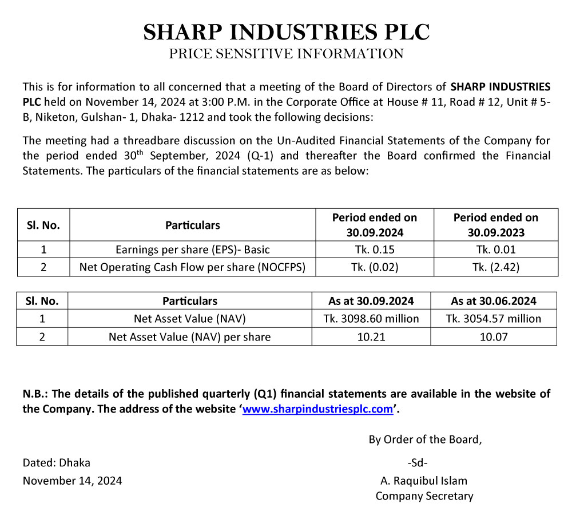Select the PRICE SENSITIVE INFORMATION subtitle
pos(286,54)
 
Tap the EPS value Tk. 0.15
pos(375,249)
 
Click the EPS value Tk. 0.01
pos(496,249)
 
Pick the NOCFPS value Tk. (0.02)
pos(375,267)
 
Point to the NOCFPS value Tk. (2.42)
pos(496,267)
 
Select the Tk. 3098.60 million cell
pos(371,318)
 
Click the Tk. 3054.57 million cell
pos(493,318)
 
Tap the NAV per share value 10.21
pos(371,336)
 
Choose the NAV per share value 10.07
pos(493,336)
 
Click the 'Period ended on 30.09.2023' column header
pos(496,225)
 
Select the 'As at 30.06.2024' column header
pos(493,301)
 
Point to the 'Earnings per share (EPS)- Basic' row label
pos(193,249)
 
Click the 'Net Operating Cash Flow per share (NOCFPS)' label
pos(193,267)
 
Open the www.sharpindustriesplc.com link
pos(318,409)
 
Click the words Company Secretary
pos(424,496)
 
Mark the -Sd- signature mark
pos(418,462)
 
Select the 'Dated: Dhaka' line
pos(57,462)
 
